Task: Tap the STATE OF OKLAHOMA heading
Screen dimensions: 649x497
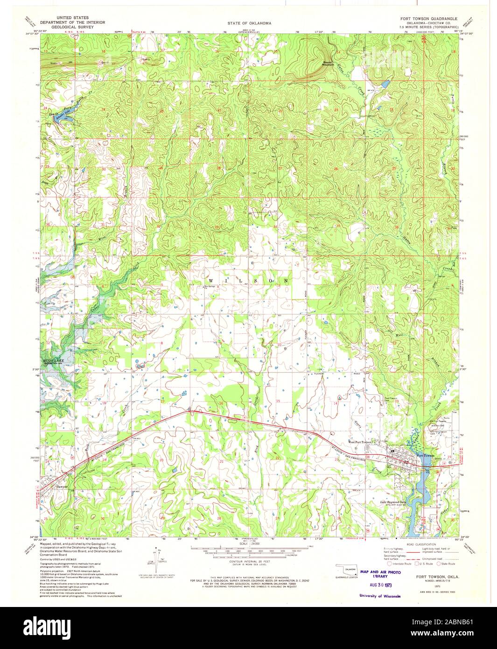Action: [x=249, y=22]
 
